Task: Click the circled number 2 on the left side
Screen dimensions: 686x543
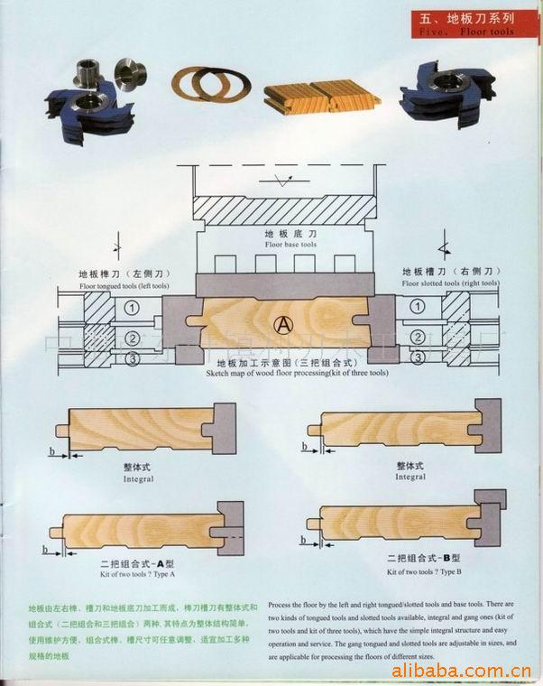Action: tap(133, 337)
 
